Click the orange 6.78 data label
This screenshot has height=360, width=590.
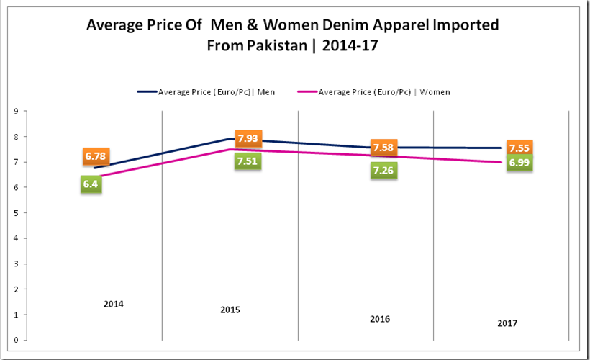coord(95,156)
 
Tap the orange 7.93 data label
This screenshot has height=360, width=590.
coord(248,138)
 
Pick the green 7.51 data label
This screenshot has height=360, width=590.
coord(248,161)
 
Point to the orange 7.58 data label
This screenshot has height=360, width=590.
coord(383,148)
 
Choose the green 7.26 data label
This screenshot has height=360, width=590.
coord(383,171)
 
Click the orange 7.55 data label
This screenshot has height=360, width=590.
coord(519,148)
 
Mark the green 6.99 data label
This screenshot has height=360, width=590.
coord(519,163)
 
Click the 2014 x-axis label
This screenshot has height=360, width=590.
coord(113,305)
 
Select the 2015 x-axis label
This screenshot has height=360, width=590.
coord(230,310)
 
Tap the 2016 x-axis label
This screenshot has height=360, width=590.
coord(380,318)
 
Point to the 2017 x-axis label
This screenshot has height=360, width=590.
coord(507,323)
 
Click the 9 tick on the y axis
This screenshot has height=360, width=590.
coord(15,112)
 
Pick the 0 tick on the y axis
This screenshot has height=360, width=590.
coord(15,340)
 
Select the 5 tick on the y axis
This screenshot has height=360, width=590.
coord(15,213)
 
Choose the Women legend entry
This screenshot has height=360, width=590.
coord(384,91)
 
